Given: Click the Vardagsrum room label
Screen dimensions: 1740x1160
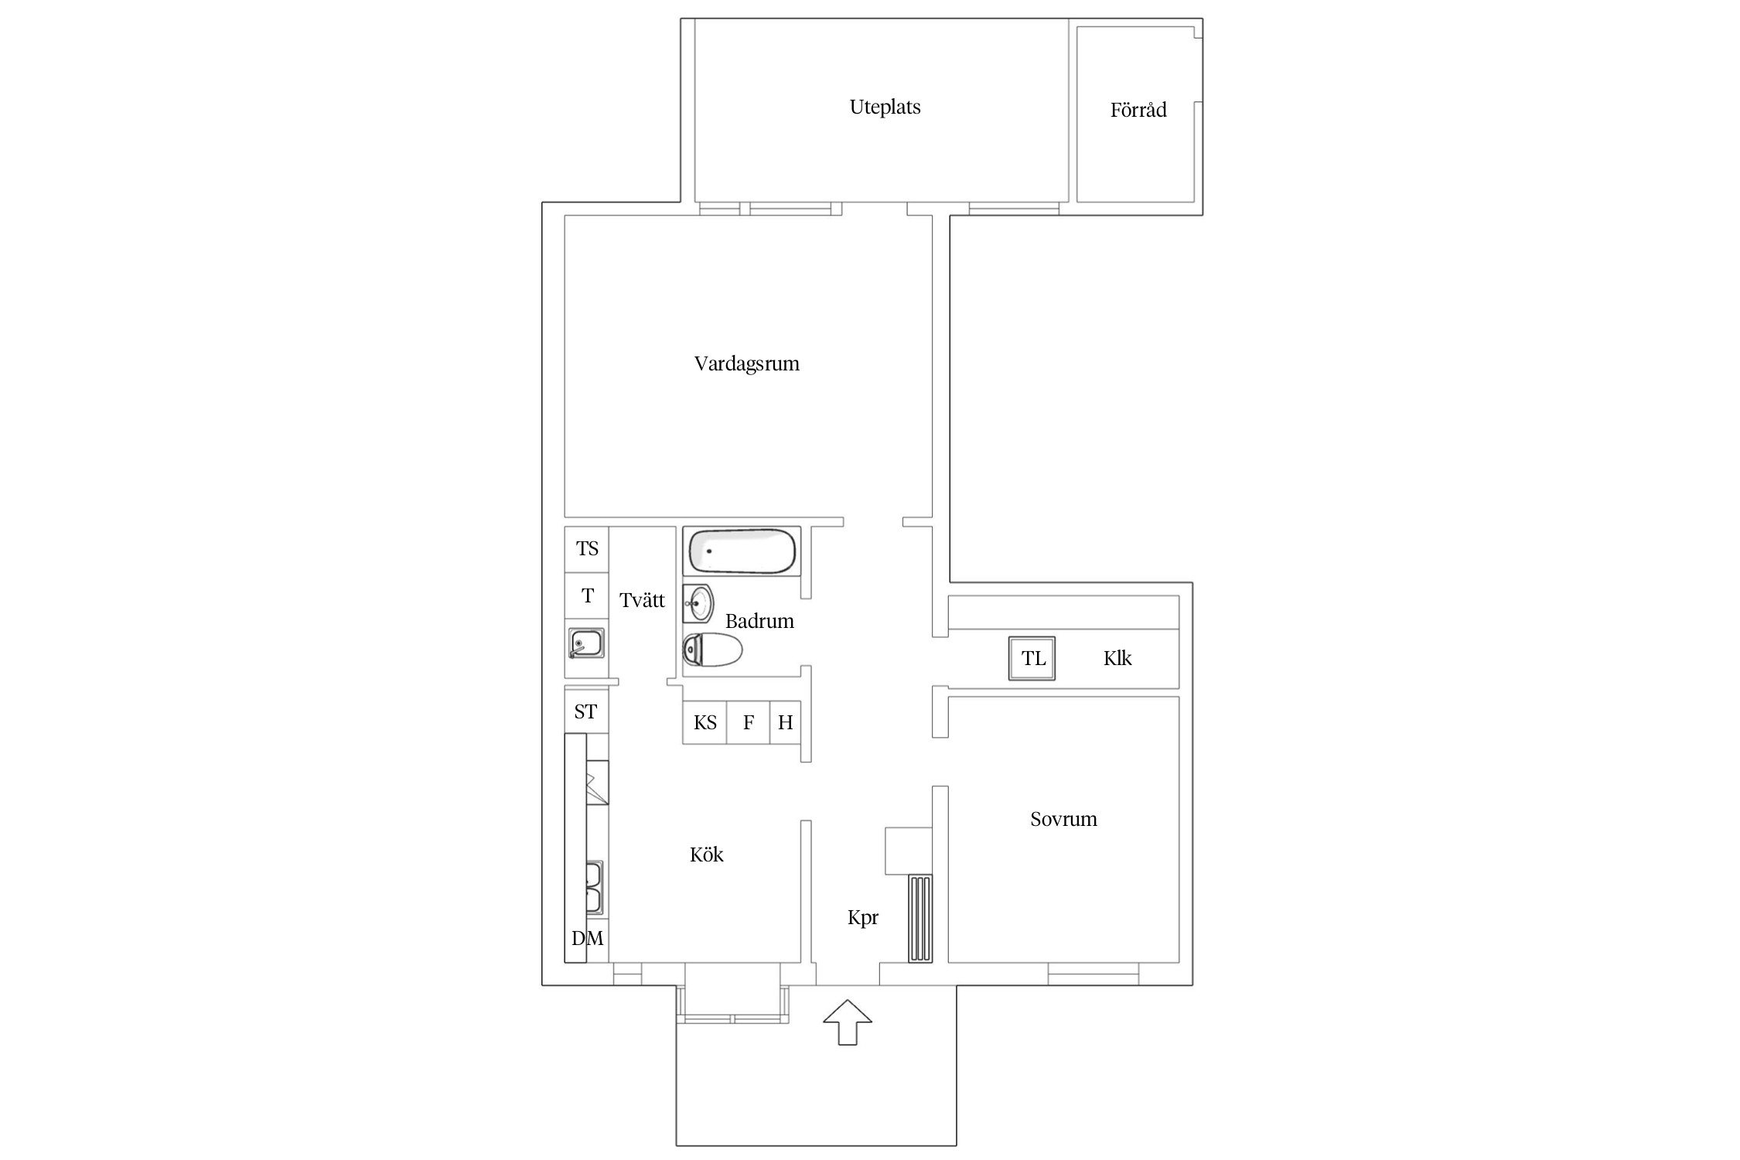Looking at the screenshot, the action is tap(746, 363).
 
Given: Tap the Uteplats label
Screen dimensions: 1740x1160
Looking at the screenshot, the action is tap(885, 107).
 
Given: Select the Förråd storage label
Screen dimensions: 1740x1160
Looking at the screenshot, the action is tap(1138, 110).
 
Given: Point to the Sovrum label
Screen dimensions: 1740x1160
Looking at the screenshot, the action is tap(1063, 819).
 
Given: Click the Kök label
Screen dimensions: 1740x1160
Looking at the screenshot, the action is tap(707, 855).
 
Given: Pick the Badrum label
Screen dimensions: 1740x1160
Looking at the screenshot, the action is tap(759, 621).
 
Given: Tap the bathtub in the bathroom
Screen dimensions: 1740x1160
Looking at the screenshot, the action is tap(742, 551).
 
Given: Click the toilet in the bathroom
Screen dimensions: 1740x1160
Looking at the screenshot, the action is tap(712, 650).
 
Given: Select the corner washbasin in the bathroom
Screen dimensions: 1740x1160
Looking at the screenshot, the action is tap(698, 603).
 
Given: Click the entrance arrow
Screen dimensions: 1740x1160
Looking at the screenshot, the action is tap(848, 1022).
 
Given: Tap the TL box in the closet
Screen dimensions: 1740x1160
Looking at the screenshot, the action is tap(1032, 659).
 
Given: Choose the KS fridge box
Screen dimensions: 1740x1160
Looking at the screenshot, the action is tap(705, 722).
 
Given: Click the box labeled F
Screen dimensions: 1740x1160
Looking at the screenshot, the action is tap(749, 722).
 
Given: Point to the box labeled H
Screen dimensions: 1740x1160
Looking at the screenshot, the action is tap(785, 722).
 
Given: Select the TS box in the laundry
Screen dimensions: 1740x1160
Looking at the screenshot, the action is tap(587, 549).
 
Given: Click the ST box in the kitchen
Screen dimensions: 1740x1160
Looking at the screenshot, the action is tap(586, 711).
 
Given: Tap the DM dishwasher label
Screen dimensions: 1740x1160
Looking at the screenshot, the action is tap(588, 939).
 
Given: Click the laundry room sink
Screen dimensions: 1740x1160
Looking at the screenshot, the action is tap(586, 643).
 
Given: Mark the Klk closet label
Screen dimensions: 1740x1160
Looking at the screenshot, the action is tap(1117, 658).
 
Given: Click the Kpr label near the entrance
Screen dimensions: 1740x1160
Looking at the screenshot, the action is tap(863, 918).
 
